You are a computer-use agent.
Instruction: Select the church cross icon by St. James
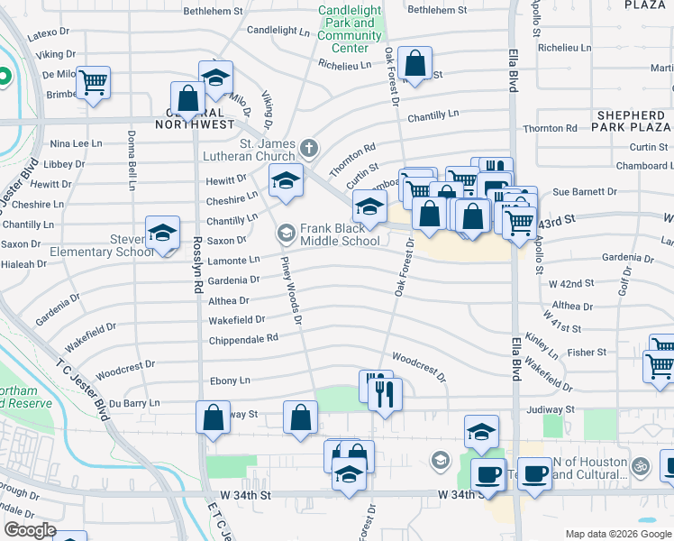tap(309, 147)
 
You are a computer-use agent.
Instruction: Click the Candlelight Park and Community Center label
tap(350, 29)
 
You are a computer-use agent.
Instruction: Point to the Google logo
tap(30, 529)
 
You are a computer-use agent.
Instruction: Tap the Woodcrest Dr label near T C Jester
tap(125, 369)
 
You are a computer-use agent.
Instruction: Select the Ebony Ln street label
tap(230, 381)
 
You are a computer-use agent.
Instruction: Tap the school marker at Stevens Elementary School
tap(163, 234)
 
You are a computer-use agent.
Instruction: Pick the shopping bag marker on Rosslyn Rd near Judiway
tap(213, 418)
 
